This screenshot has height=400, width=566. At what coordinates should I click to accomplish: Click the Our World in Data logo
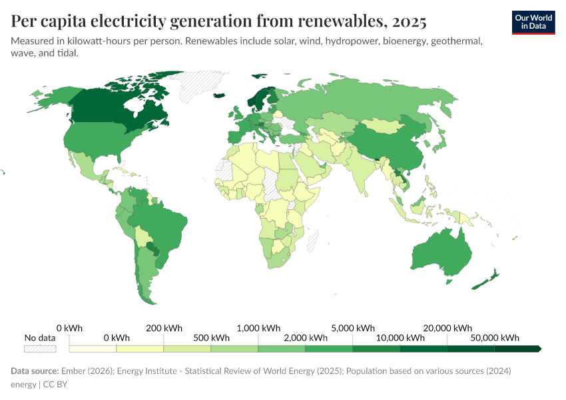[x=533, y=22]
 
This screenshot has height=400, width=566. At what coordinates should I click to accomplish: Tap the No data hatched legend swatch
[x=40, y=348]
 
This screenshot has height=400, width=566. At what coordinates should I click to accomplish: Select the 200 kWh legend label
[x=164, y=328]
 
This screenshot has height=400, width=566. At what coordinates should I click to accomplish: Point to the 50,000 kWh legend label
[x=494, y=337]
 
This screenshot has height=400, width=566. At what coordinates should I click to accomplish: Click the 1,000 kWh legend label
[x=258, y=328]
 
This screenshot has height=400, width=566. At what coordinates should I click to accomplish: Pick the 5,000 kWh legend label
[x=353, y=328]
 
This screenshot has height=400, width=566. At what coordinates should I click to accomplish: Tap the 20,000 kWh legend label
[x=447, y=328]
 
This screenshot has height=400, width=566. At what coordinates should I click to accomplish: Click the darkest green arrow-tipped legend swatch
[x=517, y=348]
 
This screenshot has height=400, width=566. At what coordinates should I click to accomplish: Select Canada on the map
[x=113, y=107]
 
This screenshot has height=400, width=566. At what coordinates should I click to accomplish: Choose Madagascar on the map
[x=312, y=238]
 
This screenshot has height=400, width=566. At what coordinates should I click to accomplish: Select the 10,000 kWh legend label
[x=400, y=337]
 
